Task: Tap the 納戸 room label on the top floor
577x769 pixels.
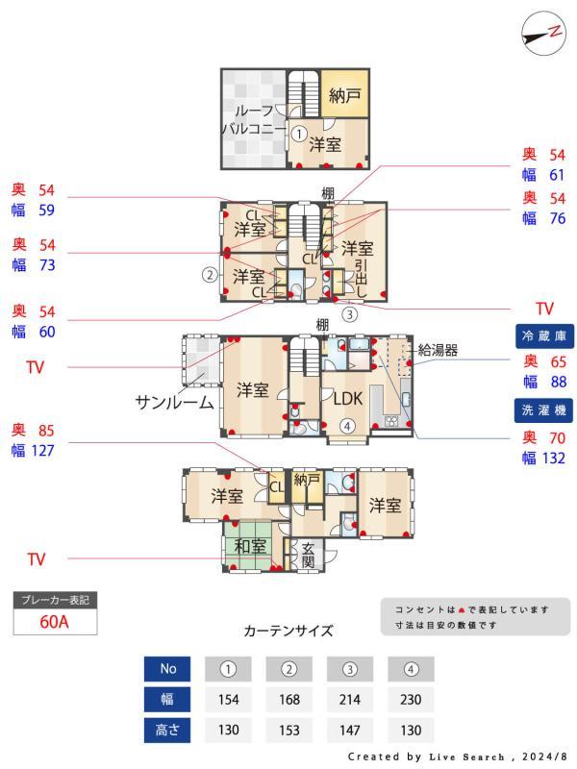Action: coord(343,95)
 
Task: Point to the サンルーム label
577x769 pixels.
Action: coord(174,403)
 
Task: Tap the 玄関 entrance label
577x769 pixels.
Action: coord(309,556)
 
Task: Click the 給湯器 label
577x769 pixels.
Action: coord(438,351)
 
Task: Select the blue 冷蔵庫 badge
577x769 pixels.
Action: coord(544,336)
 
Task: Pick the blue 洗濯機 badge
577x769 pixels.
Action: coord(544,409)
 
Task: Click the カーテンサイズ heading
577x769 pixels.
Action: coord(288,632)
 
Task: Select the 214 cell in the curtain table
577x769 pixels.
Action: coord(350,699)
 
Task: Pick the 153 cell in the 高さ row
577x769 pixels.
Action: coord(289,730)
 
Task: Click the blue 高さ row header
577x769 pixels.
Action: coord(167,730)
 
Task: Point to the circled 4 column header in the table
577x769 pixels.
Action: coord(411,668)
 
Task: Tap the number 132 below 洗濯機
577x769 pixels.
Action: coord(544,458)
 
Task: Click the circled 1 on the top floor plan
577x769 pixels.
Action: coord(299,135)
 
